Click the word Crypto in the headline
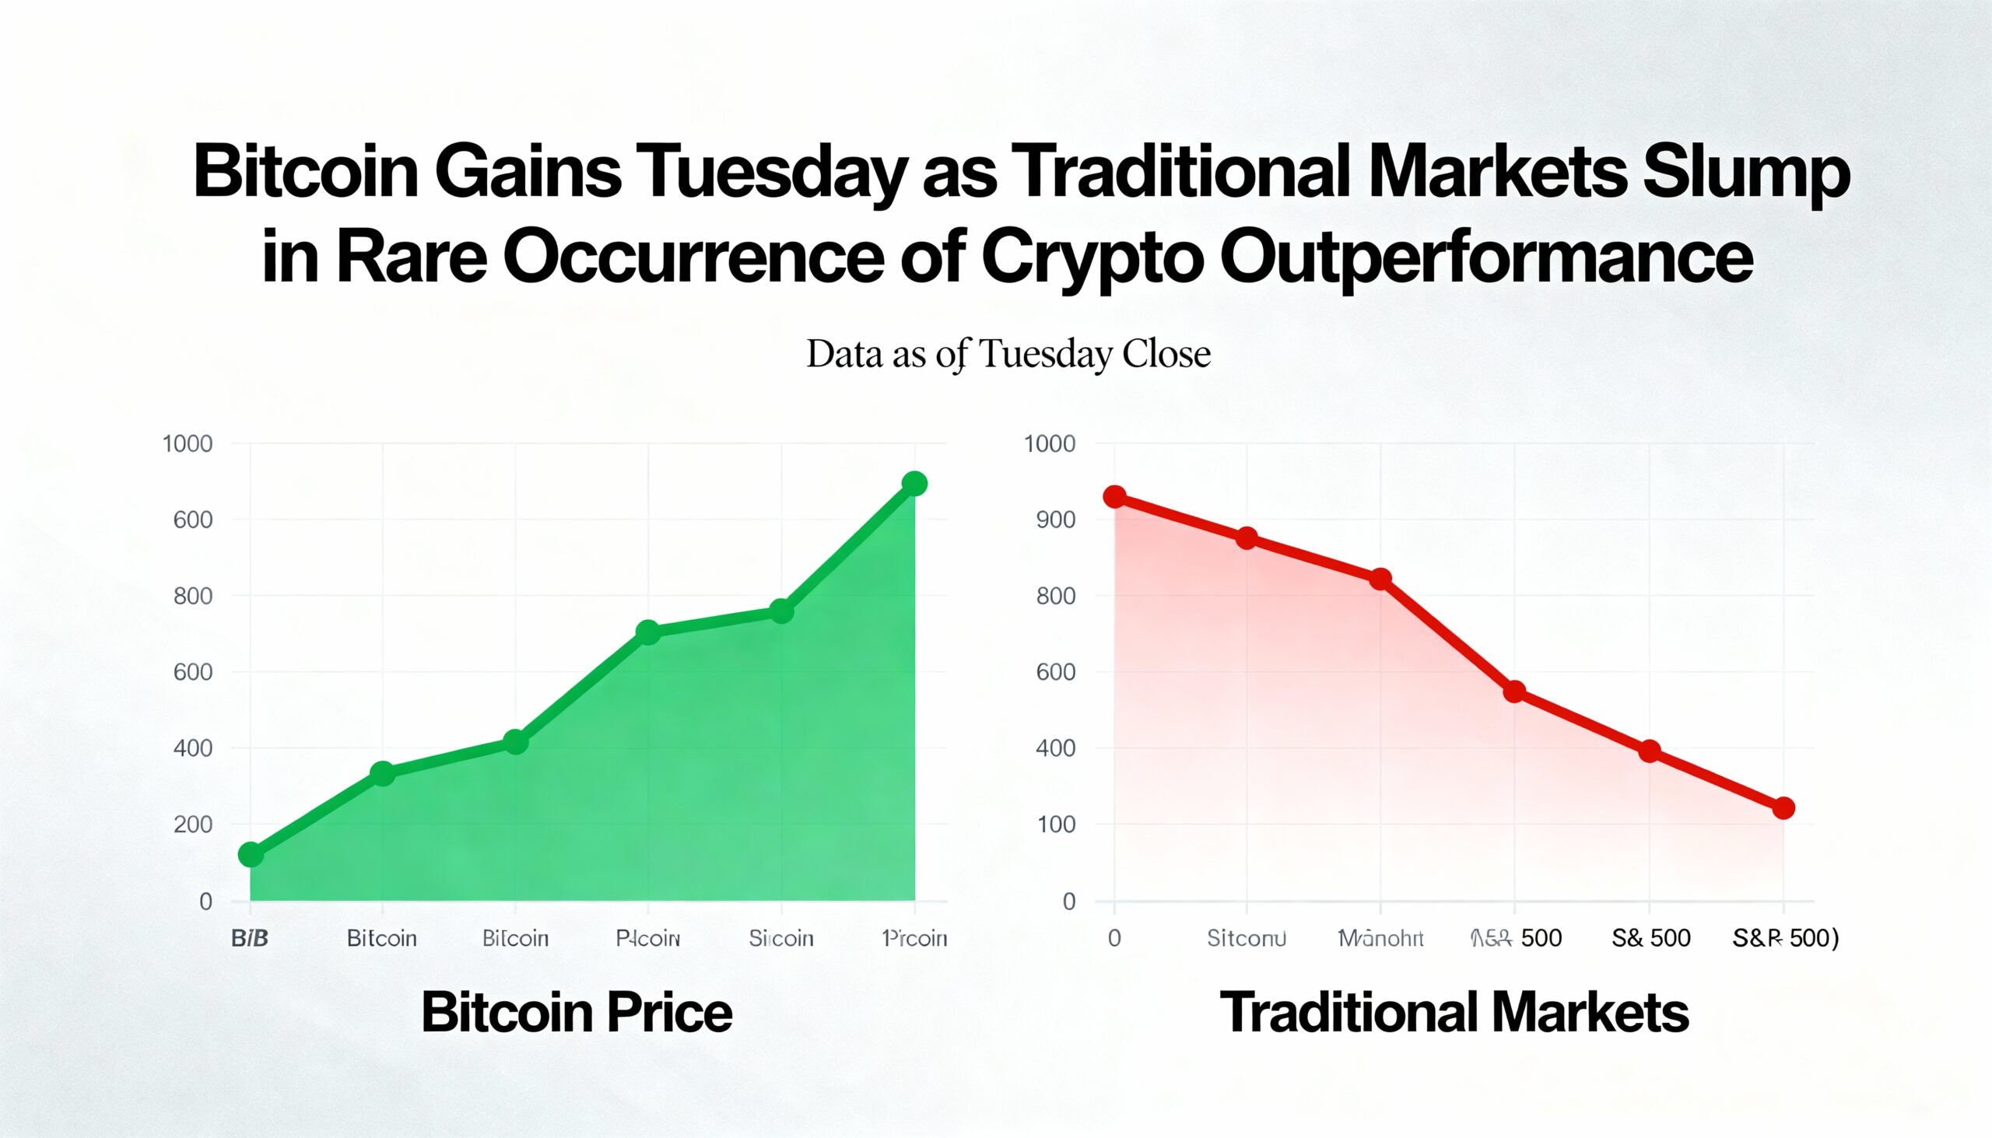click(x=1092, y=257)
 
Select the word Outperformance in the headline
click(x=1486, y=257)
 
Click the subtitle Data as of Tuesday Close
click(x=1008, y=354)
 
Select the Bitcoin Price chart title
click(x=577, y=1012)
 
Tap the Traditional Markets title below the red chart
click(x=1454, y=1012)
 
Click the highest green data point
click(x=914, y=484)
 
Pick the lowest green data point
click(x=251, y=854)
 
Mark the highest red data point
click(x=1115, y=497)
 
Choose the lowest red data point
click(x=1783, y=808)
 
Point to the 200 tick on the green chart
click(x=192, y=825)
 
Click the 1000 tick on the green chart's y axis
click(x=188, y=444)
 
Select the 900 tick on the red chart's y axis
click(x=1055, y=520)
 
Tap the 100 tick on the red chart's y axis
click(x=1055, y=825)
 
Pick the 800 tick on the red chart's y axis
click(x=1055, y=597)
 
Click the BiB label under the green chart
click(x=251, y=938)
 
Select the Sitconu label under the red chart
click(x=1247, y=938)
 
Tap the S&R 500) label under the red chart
click(x=1785, y=938)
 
